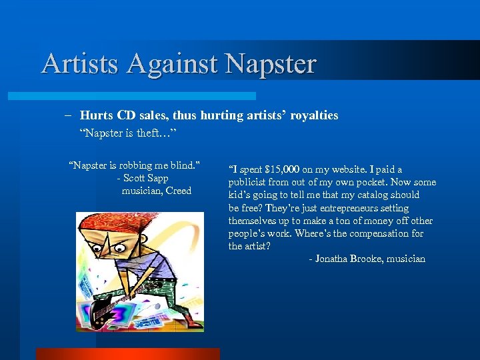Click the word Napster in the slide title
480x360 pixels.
(x=271, y=64)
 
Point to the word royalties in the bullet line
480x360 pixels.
(x=313, y=116)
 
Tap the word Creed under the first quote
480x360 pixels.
(x=178, y=191)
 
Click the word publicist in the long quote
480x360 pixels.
(x=248, y=183)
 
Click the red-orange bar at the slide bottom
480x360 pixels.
(x=127, y=354)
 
